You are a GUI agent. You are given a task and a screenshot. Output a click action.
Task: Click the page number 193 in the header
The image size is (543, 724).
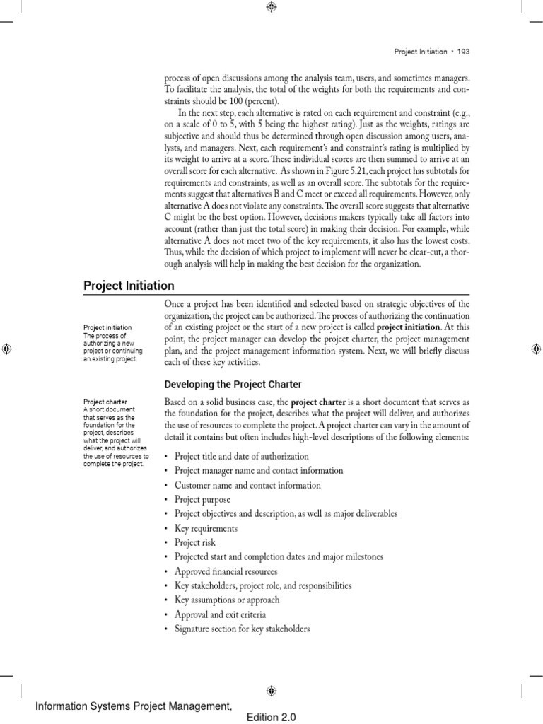pyautogui.click(x=463, y=52)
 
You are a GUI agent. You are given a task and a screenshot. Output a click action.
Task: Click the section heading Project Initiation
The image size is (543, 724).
pyautogui.click(x=129, y=286)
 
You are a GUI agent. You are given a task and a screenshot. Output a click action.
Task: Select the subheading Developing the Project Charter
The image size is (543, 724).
pyautogui.click(x=233, y=384)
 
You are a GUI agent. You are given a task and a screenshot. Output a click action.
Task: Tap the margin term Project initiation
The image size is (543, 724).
pyautogui.click(x=107, y=327)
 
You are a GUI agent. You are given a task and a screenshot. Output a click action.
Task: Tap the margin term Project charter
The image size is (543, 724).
pyautogui.click(x=105, y=402)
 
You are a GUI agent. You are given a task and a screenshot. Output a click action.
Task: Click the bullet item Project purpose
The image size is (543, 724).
pyautogui.click(x=202, y=500)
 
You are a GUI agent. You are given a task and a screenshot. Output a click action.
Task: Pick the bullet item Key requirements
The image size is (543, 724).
pyautogui.click(x=206, y=528)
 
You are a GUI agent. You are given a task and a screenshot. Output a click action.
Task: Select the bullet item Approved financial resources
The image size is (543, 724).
pyautogui.click(x=226, y=571)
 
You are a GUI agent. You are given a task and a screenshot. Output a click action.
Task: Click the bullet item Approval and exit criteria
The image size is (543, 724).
pyautogui.click(x=220, y=614)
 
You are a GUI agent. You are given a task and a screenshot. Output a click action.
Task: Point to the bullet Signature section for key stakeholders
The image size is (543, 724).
pyautogui.click(x=242, y=629)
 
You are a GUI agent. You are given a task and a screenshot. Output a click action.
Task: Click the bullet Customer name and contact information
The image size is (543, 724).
pyautogui.click(x=247, y=485)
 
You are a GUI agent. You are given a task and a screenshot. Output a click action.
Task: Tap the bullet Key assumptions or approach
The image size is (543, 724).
pyautogui.click(x=226, y=600)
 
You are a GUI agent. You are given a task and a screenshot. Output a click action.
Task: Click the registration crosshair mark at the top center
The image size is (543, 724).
pyautogui.click(x=271, y=7)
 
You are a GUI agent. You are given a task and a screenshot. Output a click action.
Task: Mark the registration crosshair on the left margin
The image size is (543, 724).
pyautogui.click(x=6, y=348)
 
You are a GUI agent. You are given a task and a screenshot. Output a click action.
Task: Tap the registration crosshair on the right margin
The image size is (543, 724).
pyautogui.click(x=536, y=348)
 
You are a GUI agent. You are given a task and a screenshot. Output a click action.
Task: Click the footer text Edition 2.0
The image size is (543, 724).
pyautogui.click(x=271, y=717)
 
